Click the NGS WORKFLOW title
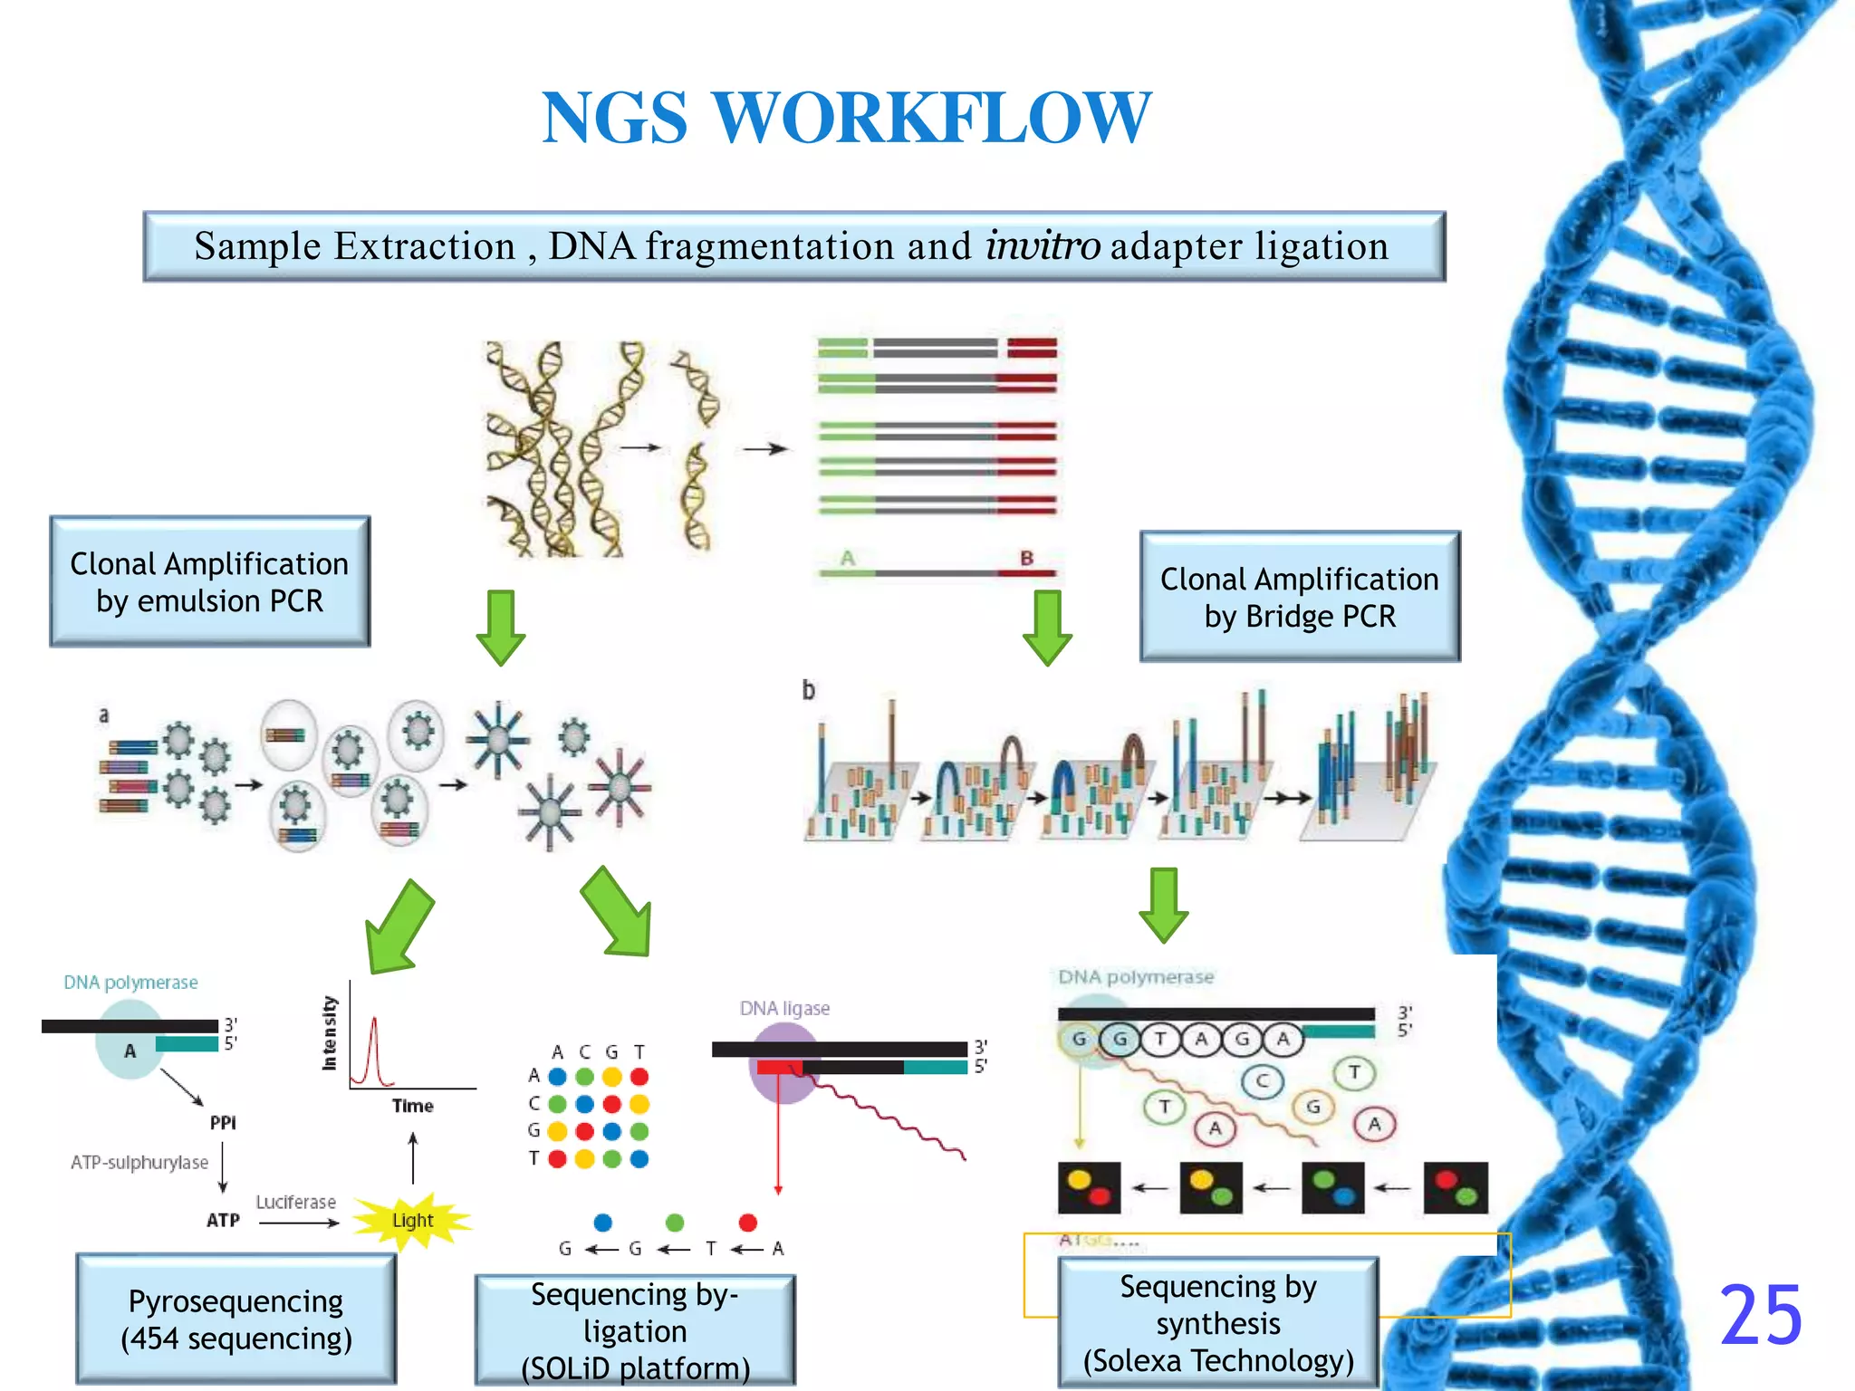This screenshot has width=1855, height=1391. [x=846, y=118]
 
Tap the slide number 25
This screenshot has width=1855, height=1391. [x=1760, y=1315]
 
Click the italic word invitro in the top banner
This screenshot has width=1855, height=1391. [x=1043, y=246]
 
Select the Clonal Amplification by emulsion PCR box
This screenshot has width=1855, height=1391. [x=210, y=582]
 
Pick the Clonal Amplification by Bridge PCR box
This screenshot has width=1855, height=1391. [x=1300, y=598]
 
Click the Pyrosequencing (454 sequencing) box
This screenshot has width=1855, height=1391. [x=236, y=1319]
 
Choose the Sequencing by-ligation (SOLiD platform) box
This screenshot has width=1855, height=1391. [x=635, y=1330]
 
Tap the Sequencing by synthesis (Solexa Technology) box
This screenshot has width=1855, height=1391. [x=1218, y=1323]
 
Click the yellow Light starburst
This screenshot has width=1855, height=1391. [x=412, y=1220]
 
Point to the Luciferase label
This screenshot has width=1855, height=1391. [x=295, y=1202]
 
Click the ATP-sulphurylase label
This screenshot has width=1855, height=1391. [x=139, y=1162]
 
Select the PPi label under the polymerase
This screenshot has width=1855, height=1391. [x=223, y=1123]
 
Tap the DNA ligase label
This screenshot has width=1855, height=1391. [x=784, y=1008]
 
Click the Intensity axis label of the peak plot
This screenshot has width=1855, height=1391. [x=330, y=1033]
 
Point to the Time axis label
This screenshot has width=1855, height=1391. [x=412, y=1106]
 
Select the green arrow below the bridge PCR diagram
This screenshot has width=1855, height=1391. [x=1164, y=904]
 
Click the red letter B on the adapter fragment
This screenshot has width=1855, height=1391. [x=1026, y=558]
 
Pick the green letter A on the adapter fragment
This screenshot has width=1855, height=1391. [x=848, y=558]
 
